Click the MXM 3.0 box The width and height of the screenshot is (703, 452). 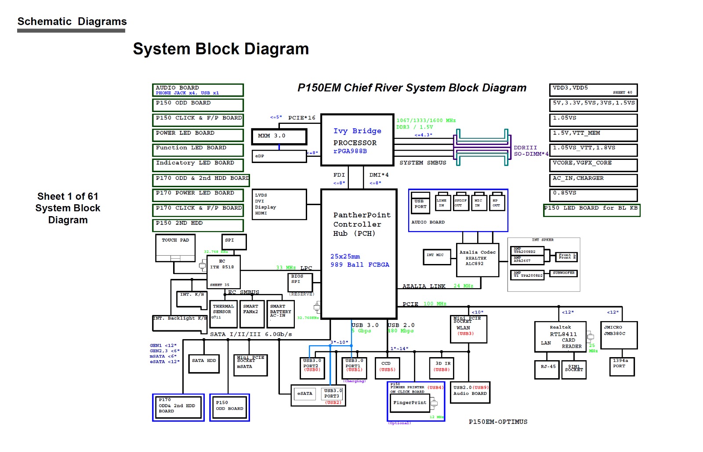pos(279,137)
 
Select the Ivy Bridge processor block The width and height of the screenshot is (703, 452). pos(357,140)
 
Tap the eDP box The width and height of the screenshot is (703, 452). pos(279,156)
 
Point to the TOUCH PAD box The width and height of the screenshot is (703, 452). pos(175,248)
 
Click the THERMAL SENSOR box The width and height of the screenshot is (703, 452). pos(224,314)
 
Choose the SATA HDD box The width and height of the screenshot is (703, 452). pos(204,364)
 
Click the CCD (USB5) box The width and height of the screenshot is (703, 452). pos(387,368)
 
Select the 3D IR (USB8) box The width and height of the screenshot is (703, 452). pos(442,368)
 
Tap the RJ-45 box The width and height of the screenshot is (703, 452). pos(547,369)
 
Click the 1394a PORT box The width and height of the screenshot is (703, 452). pos(622,366)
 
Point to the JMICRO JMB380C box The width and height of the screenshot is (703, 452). pos(619,335)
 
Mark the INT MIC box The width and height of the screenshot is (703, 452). pos(437,257)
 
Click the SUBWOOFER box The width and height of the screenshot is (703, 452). pos(564,273)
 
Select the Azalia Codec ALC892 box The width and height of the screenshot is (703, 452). pos(478,260)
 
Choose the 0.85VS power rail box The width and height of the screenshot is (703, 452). pos(593,194)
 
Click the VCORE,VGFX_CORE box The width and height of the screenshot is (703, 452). pos(593,164)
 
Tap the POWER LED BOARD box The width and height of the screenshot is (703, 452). pos(198,134)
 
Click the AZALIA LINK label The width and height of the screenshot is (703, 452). pos(424,286)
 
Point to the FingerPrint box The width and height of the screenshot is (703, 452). pos(409,403)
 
